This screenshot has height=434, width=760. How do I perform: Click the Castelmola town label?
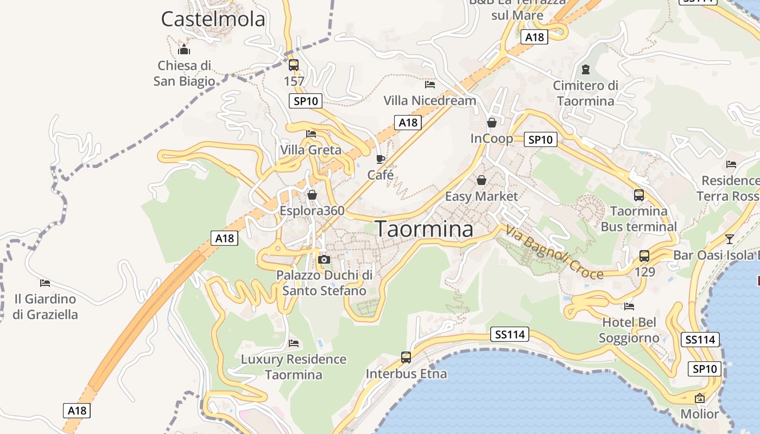[213, 20]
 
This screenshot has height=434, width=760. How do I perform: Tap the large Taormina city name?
[424, 229]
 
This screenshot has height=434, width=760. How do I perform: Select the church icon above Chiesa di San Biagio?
[184, 50]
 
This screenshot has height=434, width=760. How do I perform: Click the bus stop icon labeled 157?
[294, 65]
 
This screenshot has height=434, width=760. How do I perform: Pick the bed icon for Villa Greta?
[311, 134]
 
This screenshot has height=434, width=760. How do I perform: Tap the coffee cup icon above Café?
[381, 159]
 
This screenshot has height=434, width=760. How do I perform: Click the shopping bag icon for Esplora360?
[312, 195]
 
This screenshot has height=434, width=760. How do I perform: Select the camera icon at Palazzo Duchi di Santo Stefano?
[324, 259]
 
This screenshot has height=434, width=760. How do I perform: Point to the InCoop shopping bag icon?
[492, 123]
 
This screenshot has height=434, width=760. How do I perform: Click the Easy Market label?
[482, 196]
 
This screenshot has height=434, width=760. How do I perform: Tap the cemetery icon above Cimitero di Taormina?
[586, 69]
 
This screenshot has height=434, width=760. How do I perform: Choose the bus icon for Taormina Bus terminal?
[639, 195]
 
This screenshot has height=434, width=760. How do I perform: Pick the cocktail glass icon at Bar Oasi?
[730, 239]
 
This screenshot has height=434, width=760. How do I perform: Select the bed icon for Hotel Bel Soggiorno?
[629, 307]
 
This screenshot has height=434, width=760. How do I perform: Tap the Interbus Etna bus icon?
[406, 358]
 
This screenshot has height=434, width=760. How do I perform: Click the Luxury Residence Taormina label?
[293, 367]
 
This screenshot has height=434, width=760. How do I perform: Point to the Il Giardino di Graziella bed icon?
[45, 283]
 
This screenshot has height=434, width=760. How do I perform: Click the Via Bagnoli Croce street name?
[554, 252]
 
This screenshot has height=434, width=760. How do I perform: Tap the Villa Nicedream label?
[429, 100]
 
